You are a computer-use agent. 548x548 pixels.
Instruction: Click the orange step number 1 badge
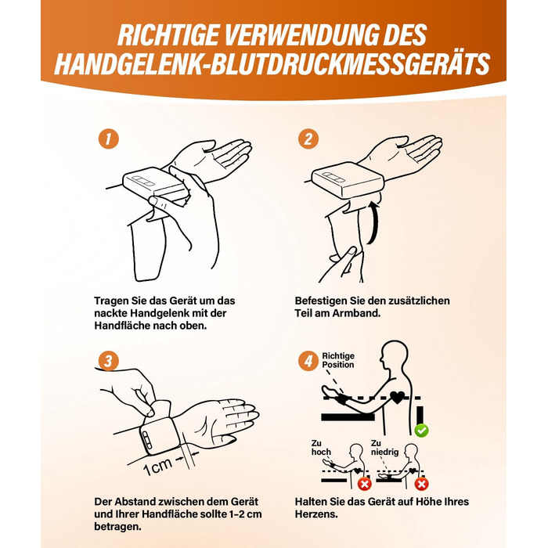point(108,139)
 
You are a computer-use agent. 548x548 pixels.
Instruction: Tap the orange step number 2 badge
point(308,139)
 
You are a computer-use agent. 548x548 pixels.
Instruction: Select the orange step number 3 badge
point(108,361)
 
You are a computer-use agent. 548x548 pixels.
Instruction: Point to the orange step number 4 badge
point(308,361)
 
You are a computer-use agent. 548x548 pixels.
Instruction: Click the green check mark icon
point(421,431)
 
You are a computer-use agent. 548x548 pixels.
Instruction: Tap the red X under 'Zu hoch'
point(364,484)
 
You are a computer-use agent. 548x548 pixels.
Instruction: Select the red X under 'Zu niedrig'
point(421,484)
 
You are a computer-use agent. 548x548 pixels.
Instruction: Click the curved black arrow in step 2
point(375,224)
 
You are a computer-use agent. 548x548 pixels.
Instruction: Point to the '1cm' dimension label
point(157,467)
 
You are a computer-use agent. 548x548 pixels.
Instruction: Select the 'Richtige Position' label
point(338,360)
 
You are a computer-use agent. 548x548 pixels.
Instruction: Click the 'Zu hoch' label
point(321,448)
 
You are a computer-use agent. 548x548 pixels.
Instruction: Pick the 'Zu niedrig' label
point(384,448)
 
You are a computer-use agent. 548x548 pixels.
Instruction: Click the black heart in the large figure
point(397,398)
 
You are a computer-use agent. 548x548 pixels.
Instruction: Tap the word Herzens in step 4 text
point(316,514)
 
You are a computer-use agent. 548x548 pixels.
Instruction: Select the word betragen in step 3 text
point(117,527)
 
